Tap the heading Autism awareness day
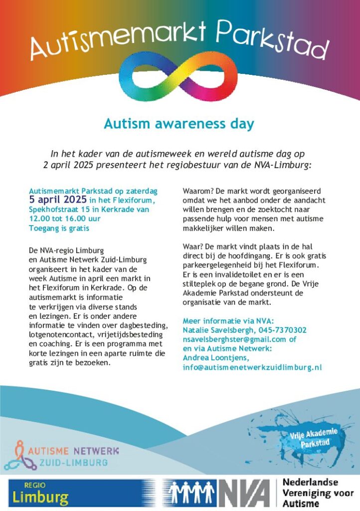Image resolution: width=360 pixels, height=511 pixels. [x=179, y=123]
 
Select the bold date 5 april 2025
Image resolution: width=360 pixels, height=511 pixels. [x=58, y=200]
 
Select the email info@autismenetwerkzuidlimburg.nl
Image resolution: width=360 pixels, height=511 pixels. [x=252, y=367]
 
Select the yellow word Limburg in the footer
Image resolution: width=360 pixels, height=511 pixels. [x=41, y=497]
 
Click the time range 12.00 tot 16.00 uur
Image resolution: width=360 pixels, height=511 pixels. [x=65, y=219]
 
